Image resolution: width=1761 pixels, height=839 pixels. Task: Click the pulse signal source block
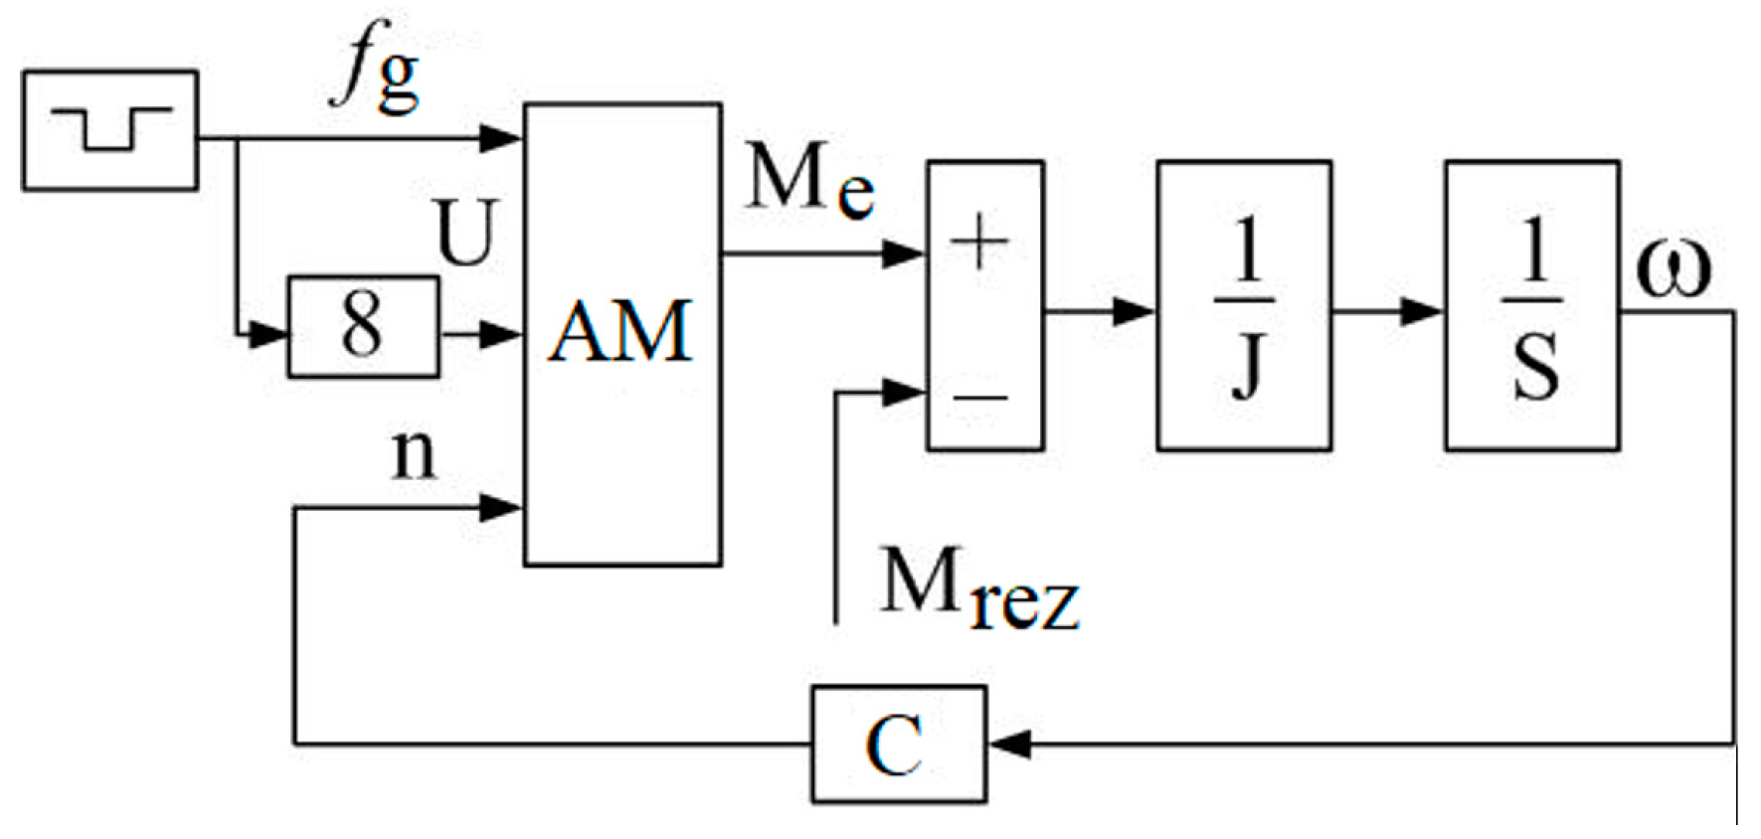[109, 130]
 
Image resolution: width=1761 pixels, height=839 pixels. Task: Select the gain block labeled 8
[363, 326]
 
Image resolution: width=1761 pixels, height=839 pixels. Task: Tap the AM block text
[620, 332]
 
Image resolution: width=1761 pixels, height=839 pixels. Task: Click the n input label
[414, 455]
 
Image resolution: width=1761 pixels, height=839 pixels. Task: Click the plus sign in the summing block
[978, 244]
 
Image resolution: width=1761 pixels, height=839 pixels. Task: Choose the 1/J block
[1244, 306]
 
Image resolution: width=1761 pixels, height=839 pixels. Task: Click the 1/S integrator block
[1531, 306]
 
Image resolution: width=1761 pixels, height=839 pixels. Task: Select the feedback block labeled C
[898, 744]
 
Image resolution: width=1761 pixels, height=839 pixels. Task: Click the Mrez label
[978, 589]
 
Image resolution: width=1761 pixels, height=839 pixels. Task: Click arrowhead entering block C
[1009, 744]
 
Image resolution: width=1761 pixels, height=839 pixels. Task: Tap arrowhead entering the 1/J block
[1134, 311]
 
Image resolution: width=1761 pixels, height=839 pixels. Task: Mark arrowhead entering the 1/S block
[1422, 311]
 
